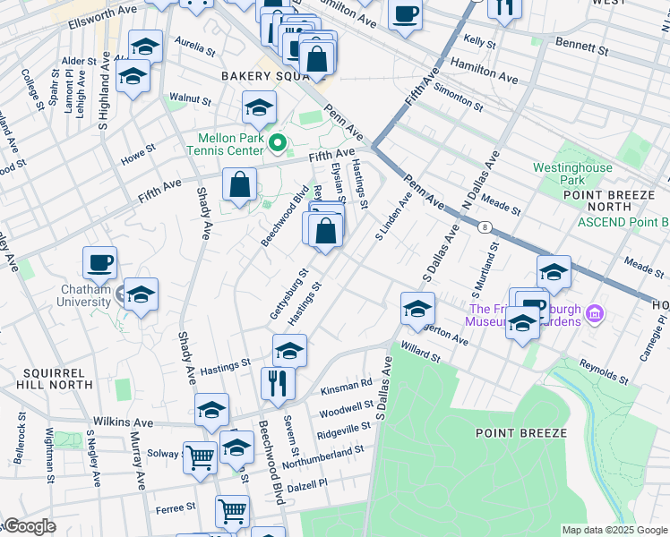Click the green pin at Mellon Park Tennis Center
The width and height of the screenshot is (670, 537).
click(x=278, y=142)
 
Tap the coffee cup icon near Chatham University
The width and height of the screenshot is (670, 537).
click(x=99, y=263)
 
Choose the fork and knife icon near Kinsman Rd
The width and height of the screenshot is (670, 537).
click(x=278, y=383)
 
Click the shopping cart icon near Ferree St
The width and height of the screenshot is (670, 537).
click(x=232, y=511)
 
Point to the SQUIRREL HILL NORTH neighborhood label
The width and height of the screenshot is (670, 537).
click(x=55, y=378)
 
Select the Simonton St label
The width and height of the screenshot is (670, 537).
click(x=463, y=100)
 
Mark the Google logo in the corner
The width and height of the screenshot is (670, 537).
click(x=29, y=527)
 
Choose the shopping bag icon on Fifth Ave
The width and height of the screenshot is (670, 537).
click(x=239, y=185)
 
